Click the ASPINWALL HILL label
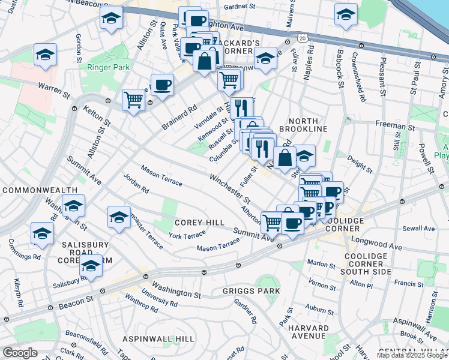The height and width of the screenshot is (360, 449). point(158,339)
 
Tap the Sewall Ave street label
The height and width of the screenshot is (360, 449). point(419,229)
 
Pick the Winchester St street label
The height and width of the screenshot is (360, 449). point(231,187)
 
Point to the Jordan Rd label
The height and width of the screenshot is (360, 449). point(136,184)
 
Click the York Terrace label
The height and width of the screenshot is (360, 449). point(187,236)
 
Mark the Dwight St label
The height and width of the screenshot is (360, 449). point(361,163)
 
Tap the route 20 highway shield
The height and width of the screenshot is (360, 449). point(302,38)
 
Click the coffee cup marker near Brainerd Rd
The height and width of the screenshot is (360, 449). point(161,85)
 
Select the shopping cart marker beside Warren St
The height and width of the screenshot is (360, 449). point(133,99)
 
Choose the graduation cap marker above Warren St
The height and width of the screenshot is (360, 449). point(46,55)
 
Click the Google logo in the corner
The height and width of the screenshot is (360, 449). point(20,353)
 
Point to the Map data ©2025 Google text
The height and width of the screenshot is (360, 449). point(412,355)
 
